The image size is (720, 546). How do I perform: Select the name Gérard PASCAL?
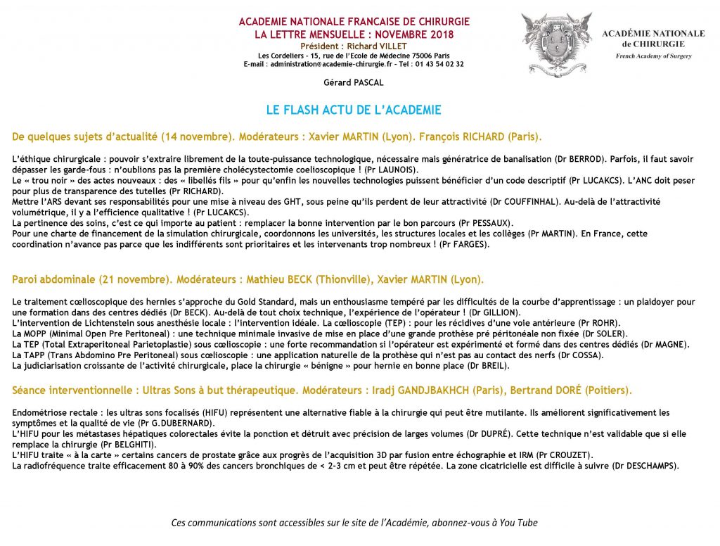[x=354, y=83]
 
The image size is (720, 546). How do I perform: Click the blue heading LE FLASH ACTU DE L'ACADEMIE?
[x=354, y=110]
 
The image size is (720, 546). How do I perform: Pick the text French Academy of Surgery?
[x=653, y=56]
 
